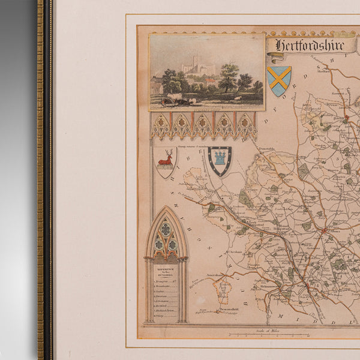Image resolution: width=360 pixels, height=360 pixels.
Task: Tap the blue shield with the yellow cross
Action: click(x=279, y=80)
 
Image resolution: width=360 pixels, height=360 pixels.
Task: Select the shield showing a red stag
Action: click(x=165, y=162)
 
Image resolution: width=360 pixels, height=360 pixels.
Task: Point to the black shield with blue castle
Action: click(x=220, y=160)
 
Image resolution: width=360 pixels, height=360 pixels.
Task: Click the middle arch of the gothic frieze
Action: click(x=203, y=125)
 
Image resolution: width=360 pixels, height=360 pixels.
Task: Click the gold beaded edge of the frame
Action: click(x=40, y=180)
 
